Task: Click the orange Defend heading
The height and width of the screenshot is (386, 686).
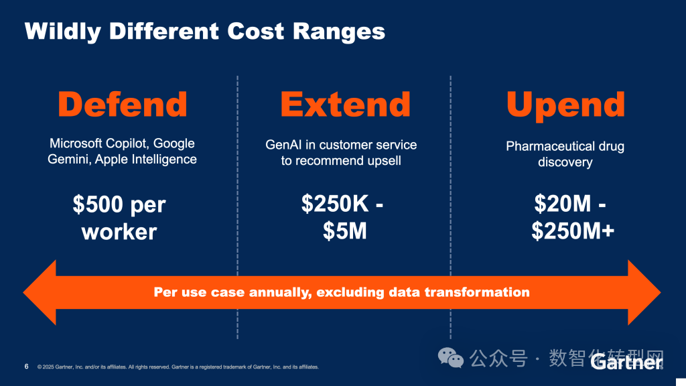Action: pyautogui.click(x=122, y=104)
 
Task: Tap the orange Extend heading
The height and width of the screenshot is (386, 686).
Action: pyautogui.click(x=345, y=104)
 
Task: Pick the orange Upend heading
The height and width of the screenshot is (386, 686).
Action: pyautogui.click(x=565, y=104)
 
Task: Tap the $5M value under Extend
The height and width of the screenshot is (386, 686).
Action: pyautogui.click(x=344, y=231)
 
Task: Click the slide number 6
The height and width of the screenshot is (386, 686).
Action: pyautogui.click(x=26, y=367)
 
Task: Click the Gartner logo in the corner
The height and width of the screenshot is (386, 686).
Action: pyautogui.click(x=626, y=362)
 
